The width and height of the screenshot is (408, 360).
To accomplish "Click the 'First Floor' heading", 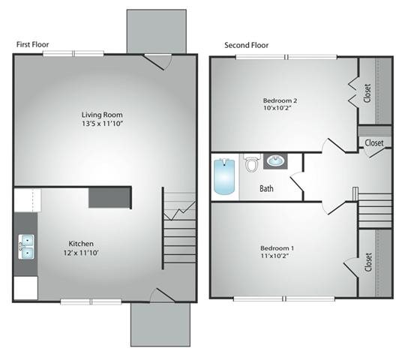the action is (32, 44).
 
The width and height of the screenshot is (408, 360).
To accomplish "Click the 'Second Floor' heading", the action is (247, 45).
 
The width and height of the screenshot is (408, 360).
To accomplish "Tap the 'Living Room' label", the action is (102, 115).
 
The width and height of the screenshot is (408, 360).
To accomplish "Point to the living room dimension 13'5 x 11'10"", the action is (102, 123).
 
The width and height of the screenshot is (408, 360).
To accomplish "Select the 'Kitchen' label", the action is (81, 244).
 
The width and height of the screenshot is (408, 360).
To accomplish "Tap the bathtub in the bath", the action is (224, 176).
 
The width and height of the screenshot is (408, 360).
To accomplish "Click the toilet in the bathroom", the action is (252, 163).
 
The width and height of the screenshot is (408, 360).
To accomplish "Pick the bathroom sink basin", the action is (275, 161).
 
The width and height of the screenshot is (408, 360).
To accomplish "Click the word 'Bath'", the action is (266, 188).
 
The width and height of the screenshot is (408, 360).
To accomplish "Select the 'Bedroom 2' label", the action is (280, 100).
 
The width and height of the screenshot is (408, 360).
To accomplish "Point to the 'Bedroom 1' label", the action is (277, 248).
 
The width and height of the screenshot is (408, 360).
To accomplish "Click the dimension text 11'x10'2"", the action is (275, 256).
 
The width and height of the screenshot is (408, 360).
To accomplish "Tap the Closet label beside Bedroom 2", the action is (367, 93).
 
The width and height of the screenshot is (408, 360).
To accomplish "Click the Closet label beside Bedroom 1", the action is (368, 262).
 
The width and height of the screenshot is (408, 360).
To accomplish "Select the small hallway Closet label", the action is (374, 142).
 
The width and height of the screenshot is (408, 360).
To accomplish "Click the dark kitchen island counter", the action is (110, 198).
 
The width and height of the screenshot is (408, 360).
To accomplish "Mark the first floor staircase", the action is (179, 228).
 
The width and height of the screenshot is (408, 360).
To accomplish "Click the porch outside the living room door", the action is (157, 31).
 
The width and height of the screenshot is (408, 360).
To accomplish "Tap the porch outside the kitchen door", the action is (160, 324).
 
